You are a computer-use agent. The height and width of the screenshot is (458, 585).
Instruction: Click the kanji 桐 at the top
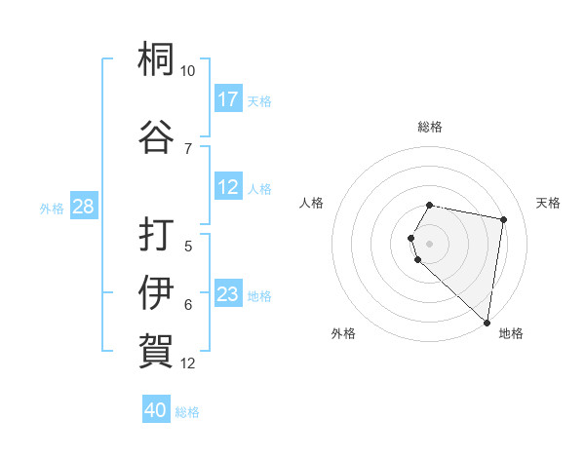click(x=156, y=60)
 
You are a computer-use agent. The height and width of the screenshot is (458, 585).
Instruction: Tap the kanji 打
click(x=156, y=235)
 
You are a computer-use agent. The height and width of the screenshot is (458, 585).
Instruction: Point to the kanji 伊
click(x=156, y=291)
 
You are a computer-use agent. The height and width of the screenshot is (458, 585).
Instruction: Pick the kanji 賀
click(x=156, y=349)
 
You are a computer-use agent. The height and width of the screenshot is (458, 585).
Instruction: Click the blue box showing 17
click(x=228, y=99)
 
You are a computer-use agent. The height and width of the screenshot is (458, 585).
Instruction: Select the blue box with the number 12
click(x=228, y=187)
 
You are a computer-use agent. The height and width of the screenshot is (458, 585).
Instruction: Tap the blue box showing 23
click(x=228, y=294)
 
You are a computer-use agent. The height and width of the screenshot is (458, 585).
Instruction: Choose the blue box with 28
click(x=83, y=207)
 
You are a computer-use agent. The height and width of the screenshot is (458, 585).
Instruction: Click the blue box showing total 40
click(x=156, y=410)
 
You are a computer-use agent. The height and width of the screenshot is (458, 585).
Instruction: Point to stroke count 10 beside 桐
click(x=187, y=72)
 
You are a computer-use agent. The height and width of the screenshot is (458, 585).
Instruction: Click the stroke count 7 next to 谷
click(x=187, y=148)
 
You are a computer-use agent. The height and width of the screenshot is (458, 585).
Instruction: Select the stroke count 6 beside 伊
click(x=187, y=305)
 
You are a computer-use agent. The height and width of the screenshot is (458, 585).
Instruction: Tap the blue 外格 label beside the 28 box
click(x=52, y=208)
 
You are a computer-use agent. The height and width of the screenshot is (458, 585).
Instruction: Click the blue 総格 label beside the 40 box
click(x=187, y=412)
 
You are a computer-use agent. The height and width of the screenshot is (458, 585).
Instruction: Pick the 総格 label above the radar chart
click(x=430, y=127)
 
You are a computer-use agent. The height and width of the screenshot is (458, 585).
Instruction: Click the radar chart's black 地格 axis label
click(x=511, y=334)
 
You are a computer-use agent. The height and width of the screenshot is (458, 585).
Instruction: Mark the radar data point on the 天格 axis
click(x=503, y=220)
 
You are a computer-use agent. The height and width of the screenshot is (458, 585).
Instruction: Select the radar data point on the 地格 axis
click(x=487, y=323)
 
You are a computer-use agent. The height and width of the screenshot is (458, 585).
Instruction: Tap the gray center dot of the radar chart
click(x=430, y=243)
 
